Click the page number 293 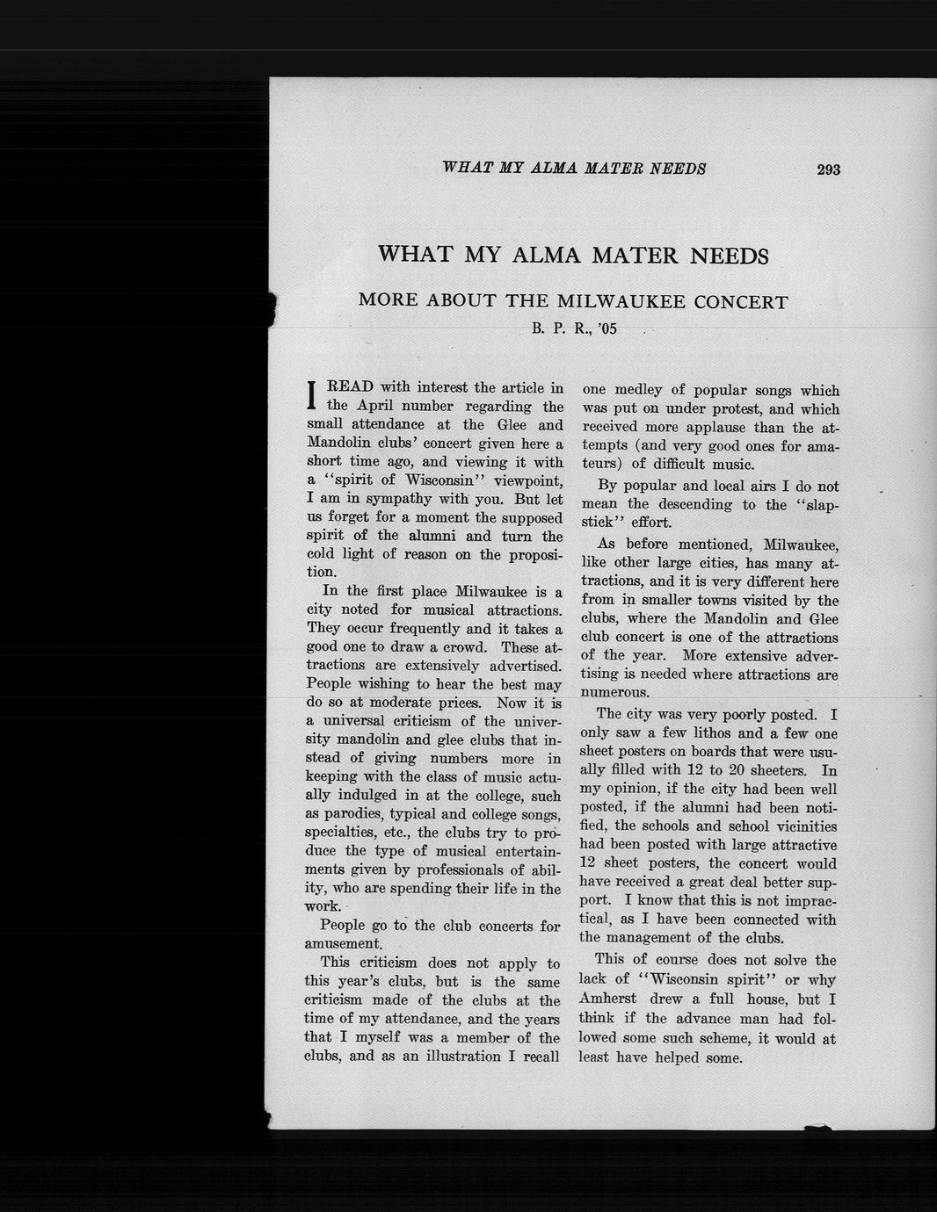828,170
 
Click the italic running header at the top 574,168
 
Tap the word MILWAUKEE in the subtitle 620,302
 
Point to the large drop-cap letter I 312,396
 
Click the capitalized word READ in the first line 350,387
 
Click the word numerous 615,692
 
